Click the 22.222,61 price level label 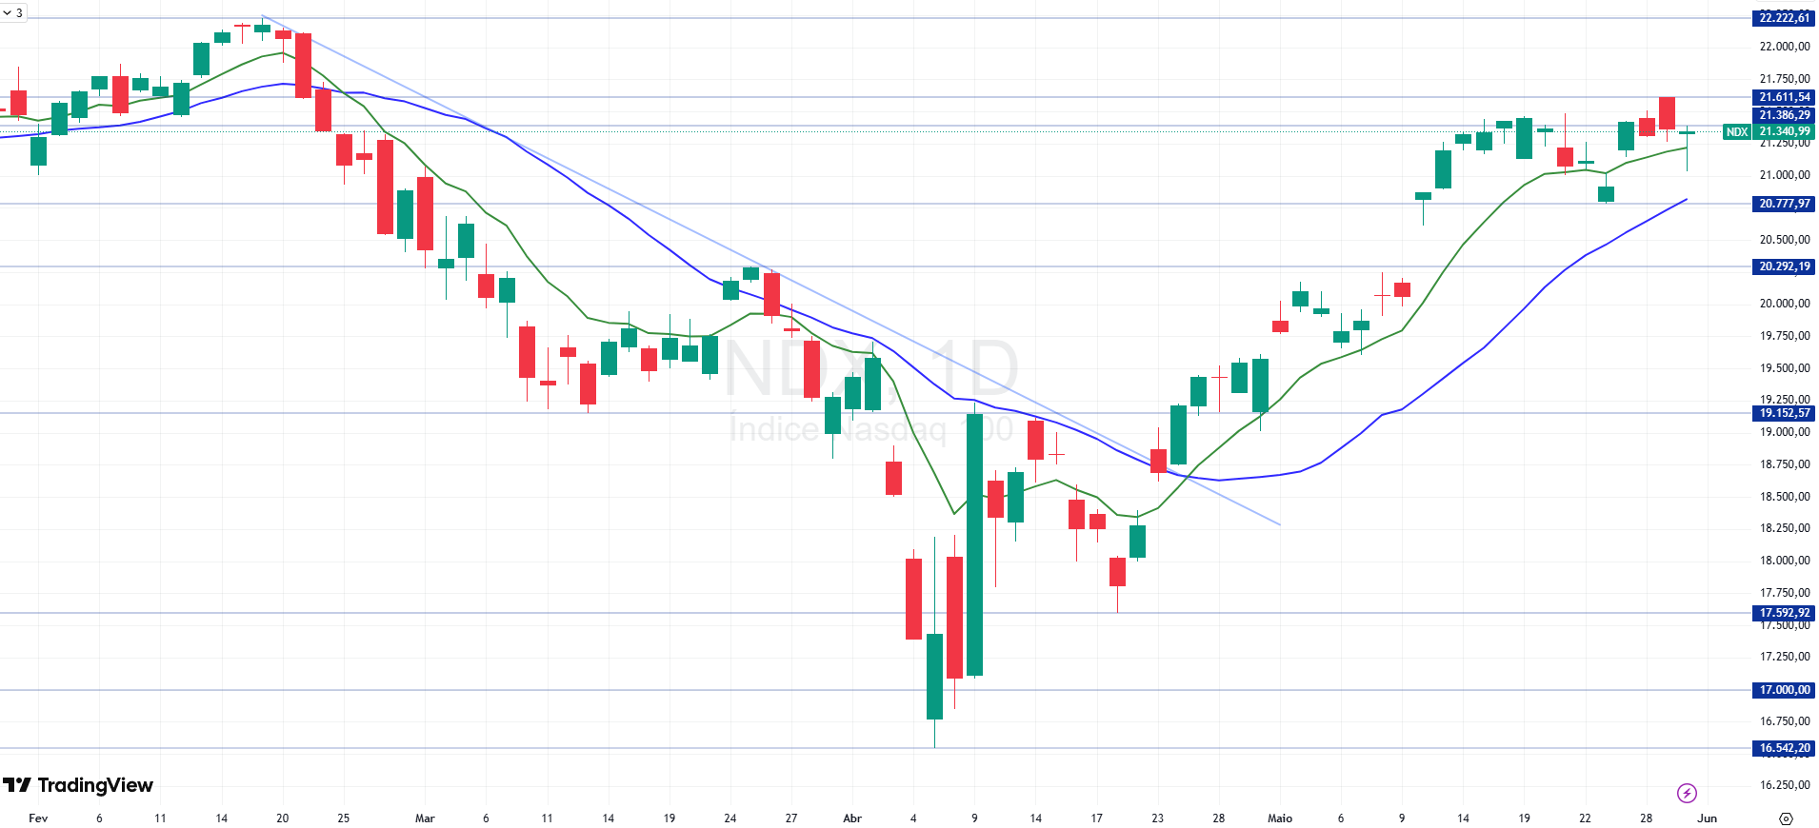(1784, 18)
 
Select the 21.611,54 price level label (1784, 97)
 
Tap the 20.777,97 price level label (1784, 204)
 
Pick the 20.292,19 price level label (1784, 266)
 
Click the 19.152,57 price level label (1784, 413)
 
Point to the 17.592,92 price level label (1784, 613)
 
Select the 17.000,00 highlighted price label (1784, 690)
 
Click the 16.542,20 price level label (1784, 748)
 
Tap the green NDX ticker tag (1736, 132)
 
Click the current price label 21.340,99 (1785, 132)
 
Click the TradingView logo (78, 785)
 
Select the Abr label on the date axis (852, 818)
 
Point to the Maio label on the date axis (1280, 818)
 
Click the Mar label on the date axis (425, 818)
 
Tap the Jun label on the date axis (1708, 818)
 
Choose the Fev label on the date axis (38, 818)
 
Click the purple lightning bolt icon (1687, 793)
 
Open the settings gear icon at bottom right (1786, 818)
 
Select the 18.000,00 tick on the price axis (1784, 561)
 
